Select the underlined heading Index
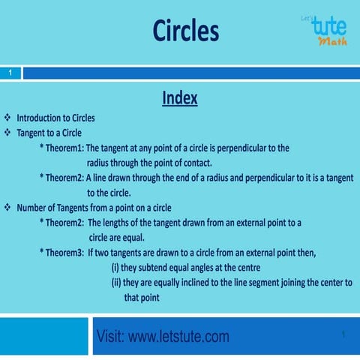(179, 98)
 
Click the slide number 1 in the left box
(10, 73)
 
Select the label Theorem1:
(64, 148)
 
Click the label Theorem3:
(64, 253)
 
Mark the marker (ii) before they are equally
(117, 283)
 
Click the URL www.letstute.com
(178, 337)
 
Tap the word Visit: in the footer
(112, 337)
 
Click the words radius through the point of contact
(151, 163)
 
